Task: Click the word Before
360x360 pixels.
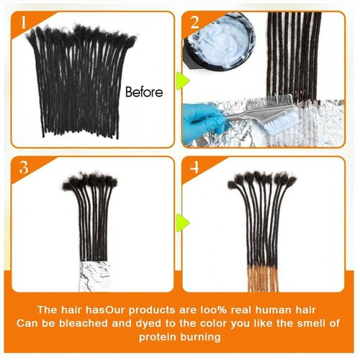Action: [144, 92]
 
